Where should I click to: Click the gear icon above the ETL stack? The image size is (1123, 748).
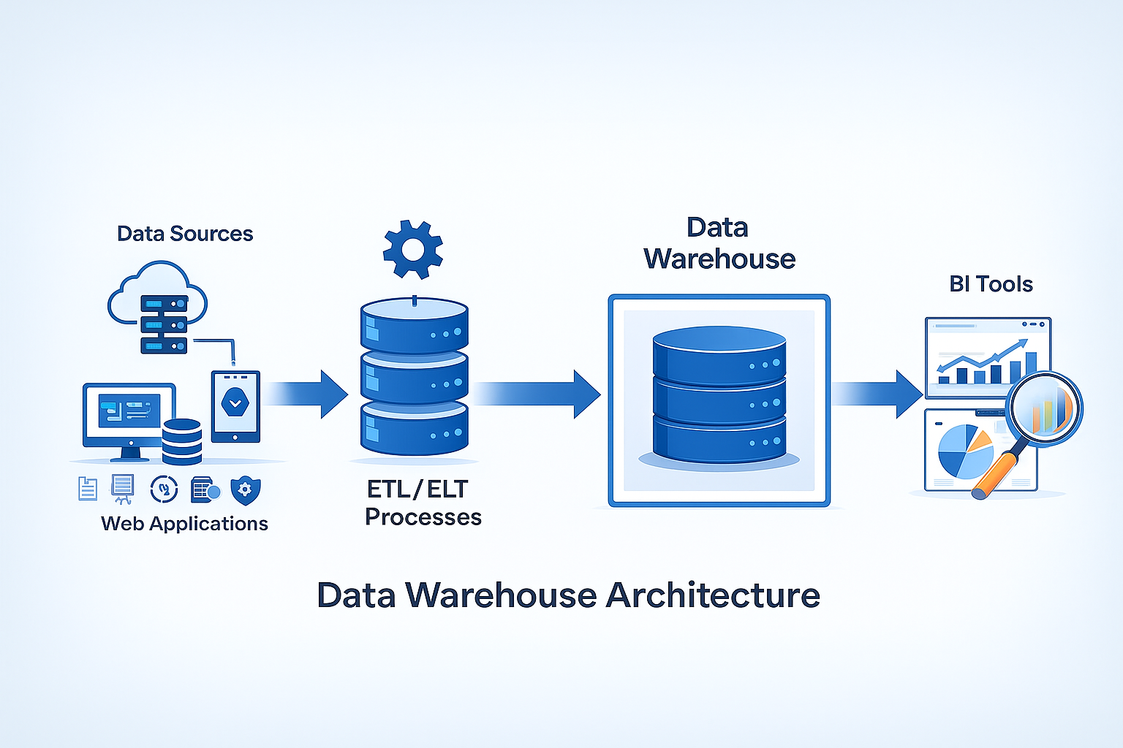(x=413, y=250)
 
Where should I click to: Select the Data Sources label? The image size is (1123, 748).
(x=185, y=234)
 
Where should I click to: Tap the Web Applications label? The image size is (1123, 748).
(x=184, y=524)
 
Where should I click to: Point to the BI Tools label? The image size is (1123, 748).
(x=991, y=284)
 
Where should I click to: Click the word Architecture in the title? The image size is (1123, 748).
(x=713, y=595)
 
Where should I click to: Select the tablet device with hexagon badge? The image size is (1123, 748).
(x=235, y=405)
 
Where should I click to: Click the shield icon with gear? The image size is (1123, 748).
(x=245, y=490)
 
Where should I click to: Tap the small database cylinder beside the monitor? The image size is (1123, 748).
(x=181, y=441)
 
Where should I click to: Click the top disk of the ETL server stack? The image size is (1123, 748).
(x=415, y=326)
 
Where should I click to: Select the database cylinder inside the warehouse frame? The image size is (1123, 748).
(x=719, y=394)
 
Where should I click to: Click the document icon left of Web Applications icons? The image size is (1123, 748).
(x=88, y=489)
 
